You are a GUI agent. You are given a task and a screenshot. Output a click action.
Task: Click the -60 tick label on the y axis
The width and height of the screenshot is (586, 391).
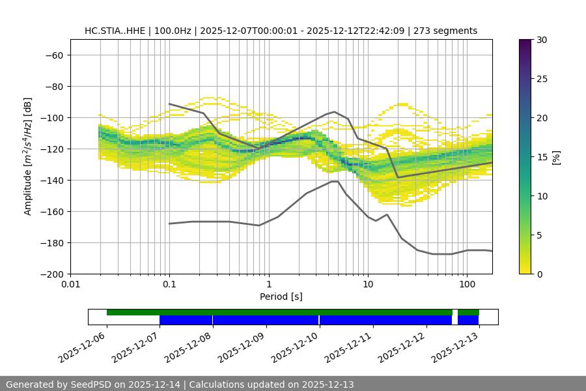[x=54, y=55]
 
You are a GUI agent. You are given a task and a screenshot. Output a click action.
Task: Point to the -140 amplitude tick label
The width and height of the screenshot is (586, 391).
[x=52, y=181]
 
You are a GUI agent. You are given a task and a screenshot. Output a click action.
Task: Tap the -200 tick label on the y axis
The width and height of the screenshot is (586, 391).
[x=52, y=274]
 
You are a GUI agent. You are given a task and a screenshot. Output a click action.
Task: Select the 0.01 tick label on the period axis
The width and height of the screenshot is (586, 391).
[x=70, y=285]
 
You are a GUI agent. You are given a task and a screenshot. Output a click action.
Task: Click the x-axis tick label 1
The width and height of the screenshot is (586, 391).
[x=268, y=285]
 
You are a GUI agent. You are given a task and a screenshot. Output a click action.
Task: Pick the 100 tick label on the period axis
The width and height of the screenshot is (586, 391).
[x=466, y=285]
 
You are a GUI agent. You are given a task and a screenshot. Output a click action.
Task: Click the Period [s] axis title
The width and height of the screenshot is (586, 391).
[x=281, y=297]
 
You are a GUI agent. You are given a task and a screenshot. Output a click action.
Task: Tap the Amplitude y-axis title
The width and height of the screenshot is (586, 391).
[x=28, y=156]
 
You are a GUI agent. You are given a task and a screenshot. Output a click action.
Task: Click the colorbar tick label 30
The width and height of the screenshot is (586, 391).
[x=541, y=40]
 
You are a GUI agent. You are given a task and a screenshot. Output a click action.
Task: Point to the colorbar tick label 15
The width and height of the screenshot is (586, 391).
[x=541, y=157]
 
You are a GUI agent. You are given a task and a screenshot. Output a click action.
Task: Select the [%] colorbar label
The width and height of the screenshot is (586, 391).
[x=557, y=157]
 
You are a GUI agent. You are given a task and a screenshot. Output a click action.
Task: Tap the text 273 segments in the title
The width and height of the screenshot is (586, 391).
[x=450, y=31]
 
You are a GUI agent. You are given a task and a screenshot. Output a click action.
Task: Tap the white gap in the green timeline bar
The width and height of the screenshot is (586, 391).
[x=455, y=313]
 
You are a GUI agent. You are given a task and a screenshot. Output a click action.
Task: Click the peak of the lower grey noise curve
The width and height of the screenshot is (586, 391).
[x=335, y=181]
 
